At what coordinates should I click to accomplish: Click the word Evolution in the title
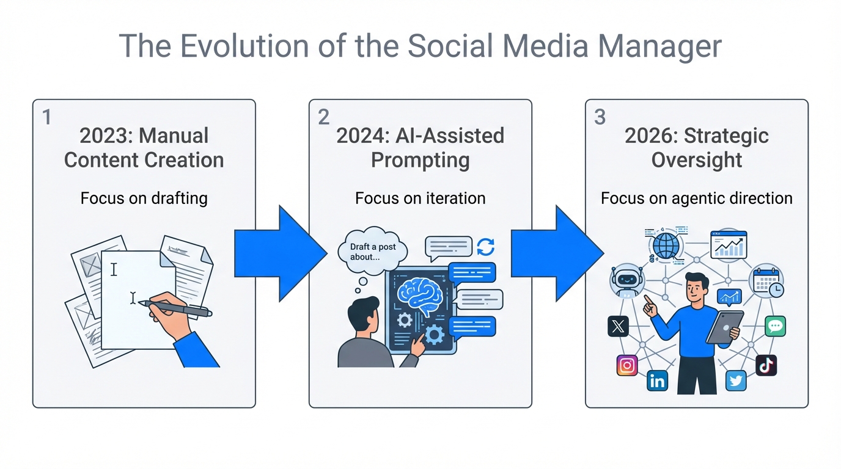coord(244,46)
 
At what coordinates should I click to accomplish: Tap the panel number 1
coord(47,117)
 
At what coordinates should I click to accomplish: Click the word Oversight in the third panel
coord(697,160)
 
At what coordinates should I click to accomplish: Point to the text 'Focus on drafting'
coord(144,198)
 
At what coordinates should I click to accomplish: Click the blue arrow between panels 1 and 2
coord(281,253)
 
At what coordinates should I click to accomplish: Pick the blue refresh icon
coord(485,247)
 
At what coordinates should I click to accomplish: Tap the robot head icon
coord(626,281)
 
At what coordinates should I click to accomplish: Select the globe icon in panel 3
coord(666,245)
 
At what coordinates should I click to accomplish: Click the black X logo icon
coord(618,326)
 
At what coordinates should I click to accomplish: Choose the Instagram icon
coord(627,365)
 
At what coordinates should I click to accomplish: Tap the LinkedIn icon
coord(657,381)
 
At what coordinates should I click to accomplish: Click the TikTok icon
coord(766,365)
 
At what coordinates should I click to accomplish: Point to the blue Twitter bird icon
coord(736,381)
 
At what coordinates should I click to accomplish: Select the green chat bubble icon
coord(775,326)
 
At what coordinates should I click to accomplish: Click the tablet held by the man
coord(725,327)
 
